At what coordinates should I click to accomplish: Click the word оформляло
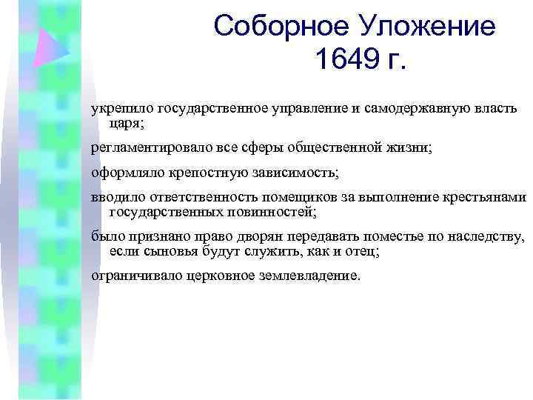[x=124, y=173]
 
